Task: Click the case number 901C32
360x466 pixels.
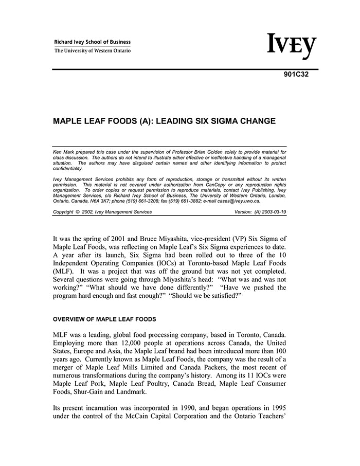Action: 297,74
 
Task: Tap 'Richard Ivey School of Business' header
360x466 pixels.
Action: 93,42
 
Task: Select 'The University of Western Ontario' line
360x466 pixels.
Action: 93,50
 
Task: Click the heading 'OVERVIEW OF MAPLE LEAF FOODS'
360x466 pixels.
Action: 104,319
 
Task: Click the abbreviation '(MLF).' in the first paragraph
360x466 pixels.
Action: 65,269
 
